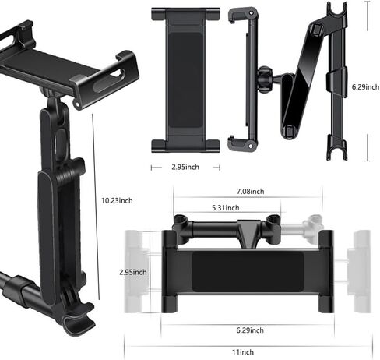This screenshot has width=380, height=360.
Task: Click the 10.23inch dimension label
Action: click(117, 201)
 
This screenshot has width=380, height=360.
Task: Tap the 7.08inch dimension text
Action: click(250, 192)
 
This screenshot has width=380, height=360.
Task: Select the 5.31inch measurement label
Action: click(226, 208)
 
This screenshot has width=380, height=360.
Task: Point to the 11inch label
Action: click(243, 352)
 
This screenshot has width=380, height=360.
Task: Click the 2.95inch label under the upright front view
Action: click(185, 167)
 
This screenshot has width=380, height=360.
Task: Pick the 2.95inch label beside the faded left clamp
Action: click(133, 272)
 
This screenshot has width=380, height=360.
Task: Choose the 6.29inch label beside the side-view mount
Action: click(365, 87)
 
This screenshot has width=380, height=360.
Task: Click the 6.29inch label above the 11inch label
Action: click(250, 330)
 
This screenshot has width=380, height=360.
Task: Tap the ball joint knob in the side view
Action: click(265, 79)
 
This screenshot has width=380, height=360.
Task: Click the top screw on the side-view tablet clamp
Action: click(252, 12)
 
